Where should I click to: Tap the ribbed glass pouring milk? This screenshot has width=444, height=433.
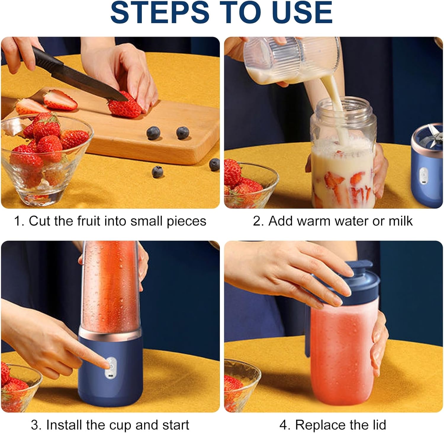point(292,61)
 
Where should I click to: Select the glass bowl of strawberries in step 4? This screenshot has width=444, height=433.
point(241,385)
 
